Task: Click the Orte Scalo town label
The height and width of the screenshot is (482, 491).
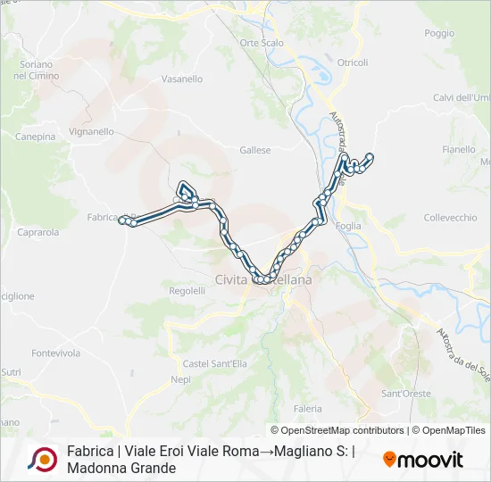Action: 262,43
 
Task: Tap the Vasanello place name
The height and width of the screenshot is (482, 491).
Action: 182,79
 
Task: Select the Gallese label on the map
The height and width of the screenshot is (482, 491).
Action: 255,151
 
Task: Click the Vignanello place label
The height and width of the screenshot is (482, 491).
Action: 91,131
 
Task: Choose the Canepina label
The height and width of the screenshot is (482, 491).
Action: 36,137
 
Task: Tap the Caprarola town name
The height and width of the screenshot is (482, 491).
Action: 38,232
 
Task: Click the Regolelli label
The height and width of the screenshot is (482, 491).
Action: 187,291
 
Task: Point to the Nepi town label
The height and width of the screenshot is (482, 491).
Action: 180,379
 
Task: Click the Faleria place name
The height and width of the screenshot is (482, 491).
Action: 307,408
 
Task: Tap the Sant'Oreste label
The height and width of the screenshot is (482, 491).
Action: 406,394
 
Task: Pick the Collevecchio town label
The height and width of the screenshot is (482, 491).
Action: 450,218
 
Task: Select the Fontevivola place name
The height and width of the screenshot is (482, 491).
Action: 55,353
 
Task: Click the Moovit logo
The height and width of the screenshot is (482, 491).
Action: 423,460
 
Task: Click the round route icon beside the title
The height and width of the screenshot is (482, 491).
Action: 42,459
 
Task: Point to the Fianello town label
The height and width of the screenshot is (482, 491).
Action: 459,150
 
